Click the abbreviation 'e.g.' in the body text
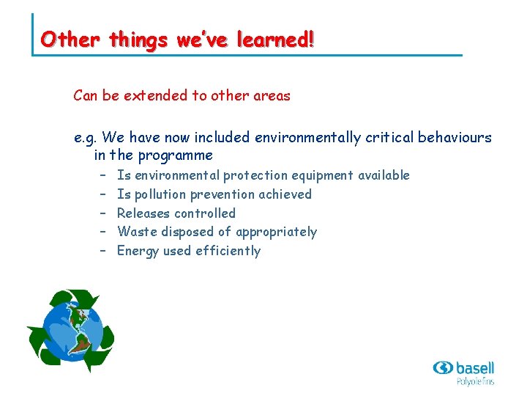coord(86,137)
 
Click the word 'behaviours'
coord(455,137)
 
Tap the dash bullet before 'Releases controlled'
coord(103,213)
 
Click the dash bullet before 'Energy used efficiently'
coord(103,251)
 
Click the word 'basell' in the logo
coord(474,367)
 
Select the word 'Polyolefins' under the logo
coord(475,381)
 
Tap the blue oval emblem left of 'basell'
coord(443,367)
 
